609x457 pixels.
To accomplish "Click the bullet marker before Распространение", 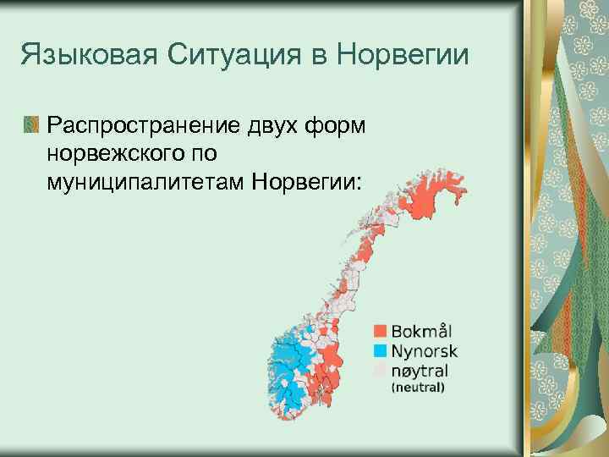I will [31, 125].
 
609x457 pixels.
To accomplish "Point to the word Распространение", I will [147, 126].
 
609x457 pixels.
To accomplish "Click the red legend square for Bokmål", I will [380, 330].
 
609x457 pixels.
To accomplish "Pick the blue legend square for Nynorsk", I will [380, 350].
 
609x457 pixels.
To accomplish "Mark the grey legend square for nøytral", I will [380, 370].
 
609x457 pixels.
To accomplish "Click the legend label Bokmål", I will [420, 330].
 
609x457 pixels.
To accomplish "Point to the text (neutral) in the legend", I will [417, 388].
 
